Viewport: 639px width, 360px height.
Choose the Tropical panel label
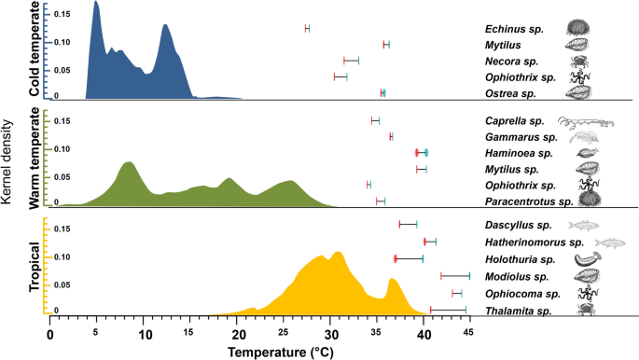35,268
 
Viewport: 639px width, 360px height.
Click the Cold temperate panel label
35,49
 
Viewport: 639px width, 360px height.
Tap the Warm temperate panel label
35,158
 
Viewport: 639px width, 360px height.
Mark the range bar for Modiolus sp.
455,276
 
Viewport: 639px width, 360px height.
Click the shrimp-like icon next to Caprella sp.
587,121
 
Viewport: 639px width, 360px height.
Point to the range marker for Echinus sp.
307,29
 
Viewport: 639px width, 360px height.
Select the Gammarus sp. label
520,136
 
